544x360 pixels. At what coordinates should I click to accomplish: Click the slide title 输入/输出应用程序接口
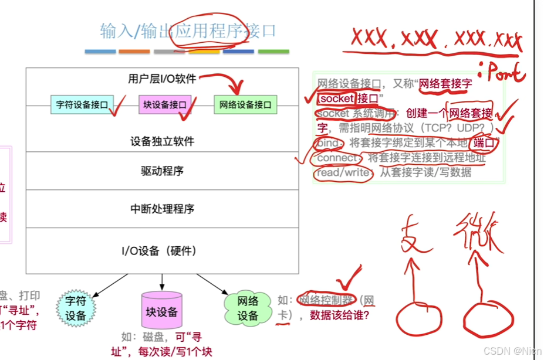pos(188,30)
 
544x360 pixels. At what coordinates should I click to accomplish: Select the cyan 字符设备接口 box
pos(82,105)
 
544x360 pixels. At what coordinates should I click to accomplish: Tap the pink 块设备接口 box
pos(165,105)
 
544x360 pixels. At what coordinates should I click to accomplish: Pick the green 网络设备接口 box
pos(245,105)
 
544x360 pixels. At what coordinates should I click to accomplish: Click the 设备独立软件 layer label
pos(162,141)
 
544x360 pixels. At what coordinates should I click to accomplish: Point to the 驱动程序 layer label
pos(162,171)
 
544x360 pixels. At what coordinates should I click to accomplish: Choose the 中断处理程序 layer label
pos(162,209)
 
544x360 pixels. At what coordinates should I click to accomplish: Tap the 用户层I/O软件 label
pos(161,79)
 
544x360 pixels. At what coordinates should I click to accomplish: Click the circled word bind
pos(328,143)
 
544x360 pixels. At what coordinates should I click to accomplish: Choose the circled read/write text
pos(343,173)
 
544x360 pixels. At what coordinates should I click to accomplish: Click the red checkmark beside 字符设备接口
pos(120,106)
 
